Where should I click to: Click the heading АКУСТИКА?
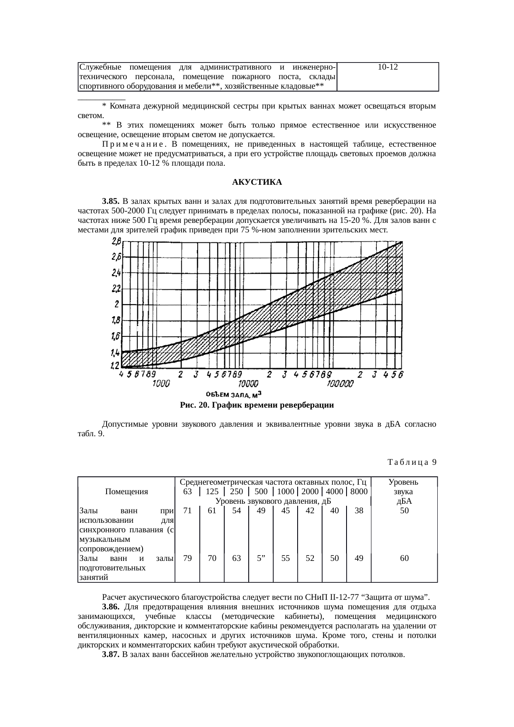point(257,182)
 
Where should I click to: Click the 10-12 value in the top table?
point(388,67)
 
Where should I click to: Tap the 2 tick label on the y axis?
point(117,304)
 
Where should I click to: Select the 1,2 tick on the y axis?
point(115,366)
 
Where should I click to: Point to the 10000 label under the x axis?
point(249,384)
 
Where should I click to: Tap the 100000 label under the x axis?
point(340,384)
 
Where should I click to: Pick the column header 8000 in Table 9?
point(359,492)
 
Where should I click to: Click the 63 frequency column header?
point(187,492)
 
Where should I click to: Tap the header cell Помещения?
point(126,492)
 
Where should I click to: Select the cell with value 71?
point(187,511)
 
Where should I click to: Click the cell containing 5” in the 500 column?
point(261,558)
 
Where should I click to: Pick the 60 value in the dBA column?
point(404,558)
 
